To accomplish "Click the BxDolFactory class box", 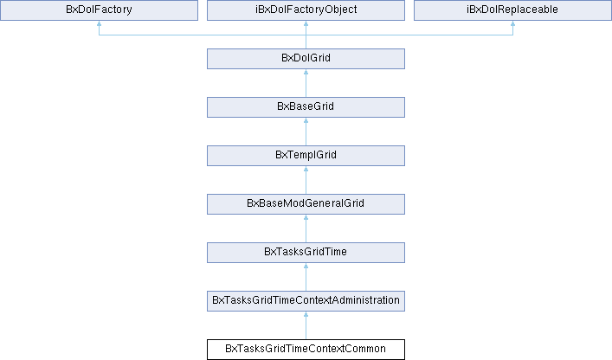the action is click(100, 10).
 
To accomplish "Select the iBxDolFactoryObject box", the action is click(306, 10).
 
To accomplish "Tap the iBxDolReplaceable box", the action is click(512, 10).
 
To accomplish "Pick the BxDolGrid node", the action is click(306, 59).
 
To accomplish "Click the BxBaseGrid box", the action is click(306, 107).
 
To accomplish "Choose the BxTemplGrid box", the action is click(306, 156).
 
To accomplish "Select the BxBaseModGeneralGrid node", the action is click(306, 204).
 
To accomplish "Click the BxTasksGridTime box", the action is click(306, 253).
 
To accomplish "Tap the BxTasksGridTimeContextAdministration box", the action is click(306, 300).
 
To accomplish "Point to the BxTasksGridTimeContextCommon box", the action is click(306, 350).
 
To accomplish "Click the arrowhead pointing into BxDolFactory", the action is click(100, 23).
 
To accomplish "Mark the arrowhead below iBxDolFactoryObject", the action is click(306, 23).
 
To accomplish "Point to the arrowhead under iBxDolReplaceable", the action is click(512, 23).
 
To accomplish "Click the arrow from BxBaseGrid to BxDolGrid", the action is click(306, 83).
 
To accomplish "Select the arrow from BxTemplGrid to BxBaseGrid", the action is click(306, 132).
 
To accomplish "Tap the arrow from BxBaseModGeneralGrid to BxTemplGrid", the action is click(306, 180).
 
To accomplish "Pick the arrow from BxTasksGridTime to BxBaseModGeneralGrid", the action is click(306, 228).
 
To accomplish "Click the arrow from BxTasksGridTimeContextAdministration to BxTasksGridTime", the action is click(306, 277).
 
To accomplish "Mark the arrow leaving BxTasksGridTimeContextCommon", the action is click(306, 325).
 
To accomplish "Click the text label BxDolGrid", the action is click(306, 58).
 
